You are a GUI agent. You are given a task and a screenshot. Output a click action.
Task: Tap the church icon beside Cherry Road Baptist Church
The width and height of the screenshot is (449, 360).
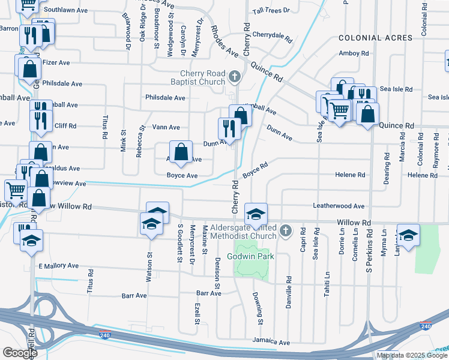[x=235, y=77]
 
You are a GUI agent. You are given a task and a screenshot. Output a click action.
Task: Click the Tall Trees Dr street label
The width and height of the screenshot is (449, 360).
[x=271, y=11]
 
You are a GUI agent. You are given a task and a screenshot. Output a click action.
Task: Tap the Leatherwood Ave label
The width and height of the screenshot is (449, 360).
[x=339, y=206]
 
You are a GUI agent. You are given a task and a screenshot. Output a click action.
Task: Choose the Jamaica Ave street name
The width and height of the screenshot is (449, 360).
[x=271, y=343]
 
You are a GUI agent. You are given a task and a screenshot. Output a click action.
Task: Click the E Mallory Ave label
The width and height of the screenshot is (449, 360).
[x=58, y=266]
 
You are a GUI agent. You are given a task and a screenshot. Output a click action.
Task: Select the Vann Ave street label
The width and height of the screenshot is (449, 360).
[x=166, y=127]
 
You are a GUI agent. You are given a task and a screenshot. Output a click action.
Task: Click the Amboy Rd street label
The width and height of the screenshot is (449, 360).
[x=354, y=53]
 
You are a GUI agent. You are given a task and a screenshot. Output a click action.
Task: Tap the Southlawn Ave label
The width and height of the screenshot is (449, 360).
[x=65, y=10]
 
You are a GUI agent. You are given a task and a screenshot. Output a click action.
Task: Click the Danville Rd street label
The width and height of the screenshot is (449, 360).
[x=289, y=289]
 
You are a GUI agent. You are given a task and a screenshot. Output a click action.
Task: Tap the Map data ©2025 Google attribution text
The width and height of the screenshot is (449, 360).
[x=412, y=355]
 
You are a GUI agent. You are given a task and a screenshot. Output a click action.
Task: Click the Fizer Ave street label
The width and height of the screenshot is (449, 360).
[x=56, y=62]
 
